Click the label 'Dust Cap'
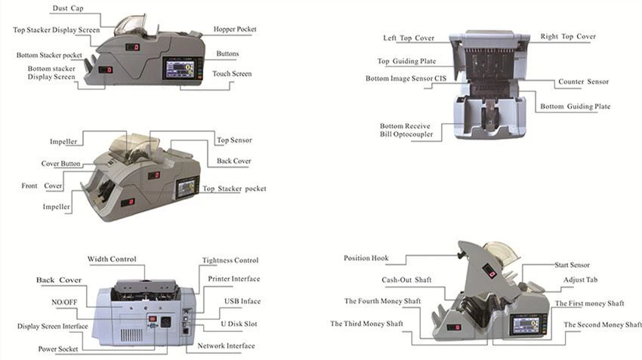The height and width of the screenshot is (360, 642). tap(69, 9)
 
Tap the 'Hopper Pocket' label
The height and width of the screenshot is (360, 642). tap(235, 29)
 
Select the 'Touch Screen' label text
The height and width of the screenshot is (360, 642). tap(232, 74)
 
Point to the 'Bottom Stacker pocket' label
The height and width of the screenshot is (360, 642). tap(50, 55)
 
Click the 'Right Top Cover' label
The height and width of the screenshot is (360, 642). tap(568, 36)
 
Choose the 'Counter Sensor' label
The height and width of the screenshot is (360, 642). tap(582, 82)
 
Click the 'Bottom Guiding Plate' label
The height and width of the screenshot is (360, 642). tap(575, 107)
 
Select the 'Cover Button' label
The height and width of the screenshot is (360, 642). tap(60, 164)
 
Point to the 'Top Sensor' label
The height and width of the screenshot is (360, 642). tap(234, 140)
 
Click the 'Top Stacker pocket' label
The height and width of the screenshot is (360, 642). tap(234, 188)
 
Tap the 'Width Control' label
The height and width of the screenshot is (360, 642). tap(112, 260)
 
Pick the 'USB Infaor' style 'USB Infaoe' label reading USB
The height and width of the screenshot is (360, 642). tap(242, 301)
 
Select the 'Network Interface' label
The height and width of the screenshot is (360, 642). tap(226, 346)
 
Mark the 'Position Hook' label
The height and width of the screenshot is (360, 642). tap(366, 258)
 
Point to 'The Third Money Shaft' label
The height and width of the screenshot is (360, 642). tap(366, 324)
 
